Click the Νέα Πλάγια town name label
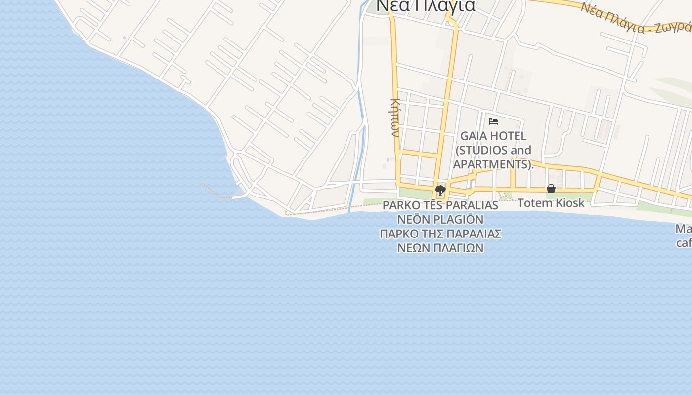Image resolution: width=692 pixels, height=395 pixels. pos(426,6)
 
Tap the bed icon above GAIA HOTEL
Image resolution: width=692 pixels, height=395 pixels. pos(493,121)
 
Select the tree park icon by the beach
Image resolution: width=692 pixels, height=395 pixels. pos(440,190)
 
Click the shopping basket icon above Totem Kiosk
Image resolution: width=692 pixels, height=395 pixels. pos(551,189)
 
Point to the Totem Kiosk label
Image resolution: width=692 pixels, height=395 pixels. pos(551,203)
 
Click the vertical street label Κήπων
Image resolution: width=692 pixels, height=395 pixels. pos(394,118)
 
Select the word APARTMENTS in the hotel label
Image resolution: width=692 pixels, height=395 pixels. pos(491,164)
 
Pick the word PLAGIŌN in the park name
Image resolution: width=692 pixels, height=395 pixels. pos(459,219)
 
